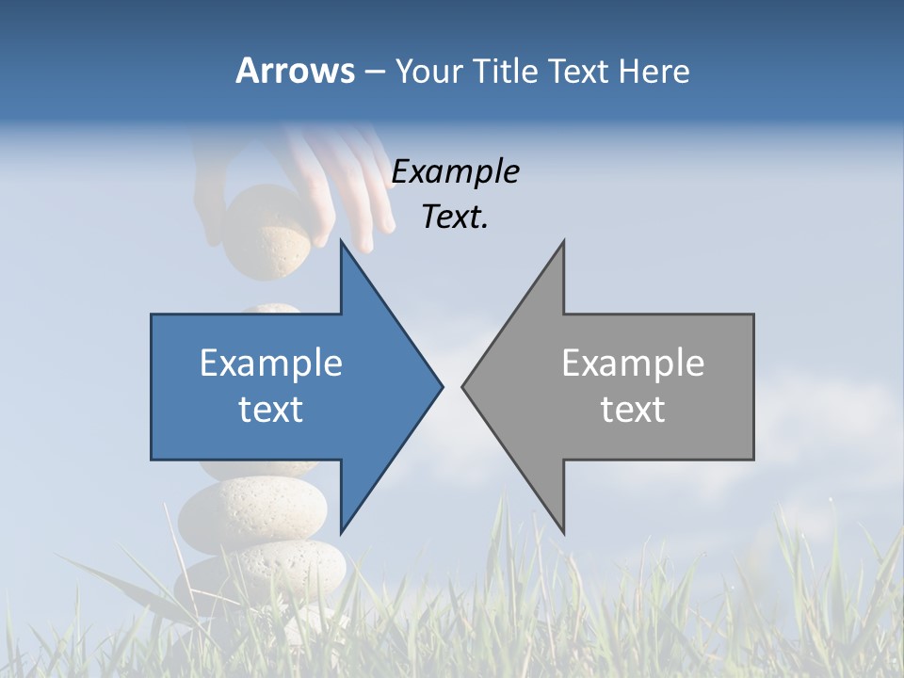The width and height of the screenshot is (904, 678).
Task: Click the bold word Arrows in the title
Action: pyautogui.click(x=295, y=71)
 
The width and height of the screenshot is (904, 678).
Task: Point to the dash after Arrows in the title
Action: pyautogui.click(x=374, y=72)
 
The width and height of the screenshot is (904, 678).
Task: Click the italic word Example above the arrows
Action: pyautogui.click(x=455, y=171)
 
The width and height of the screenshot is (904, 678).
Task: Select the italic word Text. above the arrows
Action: pyautogui.click(x=455, y=217)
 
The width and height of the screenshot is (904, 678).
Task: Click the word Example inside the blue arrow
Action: pyautogui.click(x=271, y=363)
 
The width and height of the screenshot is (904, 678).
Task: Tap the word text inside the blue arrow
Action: pyautogui.click(x=271, y=409)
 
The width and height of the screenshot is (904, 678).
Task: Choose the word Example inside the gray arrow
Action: pyautogui.click(x=633, y=363)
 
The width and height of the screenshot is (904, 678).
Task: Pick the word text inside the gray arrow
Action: pyautogui.click(x=633, y=409)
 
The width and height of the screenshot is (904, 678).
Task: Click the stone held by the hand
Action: pyautogui.click(x=267, y=232)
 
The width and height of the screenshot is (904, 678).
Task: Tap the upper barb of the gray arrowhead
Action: pyautogui.click(x=561, y=249)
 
